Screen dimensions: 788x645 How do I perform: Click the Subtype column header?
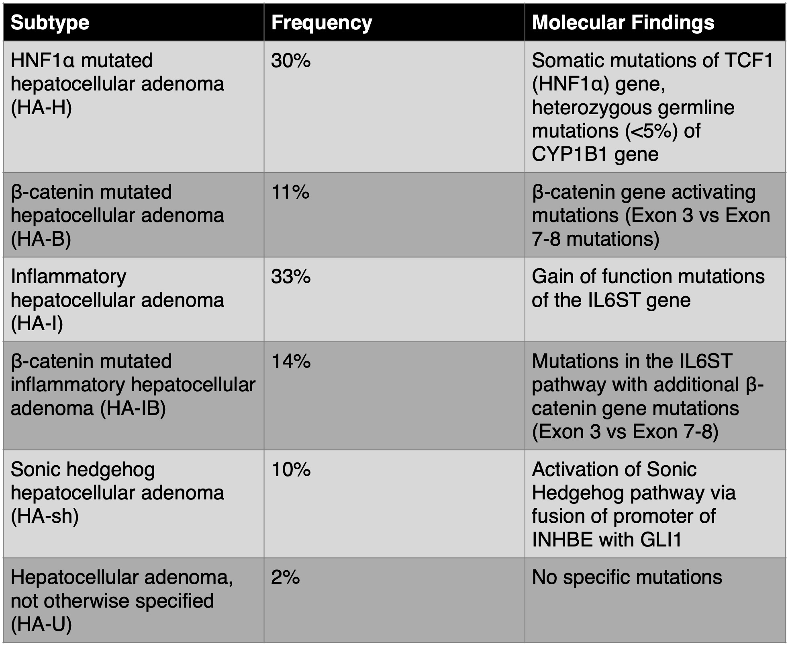pos(50,23)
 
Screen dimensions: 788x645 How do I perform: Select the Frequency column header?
pos(322,23)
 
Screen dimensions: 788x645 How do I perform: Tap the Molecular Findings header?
pos(623,23)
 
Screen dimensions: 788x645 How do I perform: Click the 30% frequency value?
pos(291,61)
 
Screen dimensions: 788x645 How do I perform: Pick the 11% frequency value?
pos(290,192)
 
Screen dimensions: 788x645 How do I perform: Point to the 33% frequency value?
pos(291,277)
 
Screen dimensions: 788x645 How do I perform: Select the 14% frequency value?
pos(291,361)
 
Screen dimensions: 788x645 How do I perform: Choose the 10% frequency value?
pos(291,469)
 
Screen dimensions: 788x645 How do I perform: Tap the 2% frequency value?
pos(285,577)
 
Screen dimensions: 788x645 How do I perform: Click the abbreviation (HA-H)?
pos(41,108)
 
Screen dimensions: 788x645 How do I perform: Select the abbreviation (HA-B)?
pos(41,239)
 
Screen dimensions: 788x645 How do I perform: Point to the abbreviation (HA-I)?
pos(37,324)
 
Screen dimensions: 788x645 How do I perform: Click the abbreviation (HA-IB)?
pos(133,408)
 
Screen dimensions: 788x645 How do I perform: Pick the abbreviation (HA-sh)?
pos(45,516)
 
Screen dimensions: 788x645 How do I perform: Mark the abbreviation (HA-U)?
pos(41,624)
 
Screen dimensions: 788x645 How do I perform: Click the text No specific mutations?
pos(627,578)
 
